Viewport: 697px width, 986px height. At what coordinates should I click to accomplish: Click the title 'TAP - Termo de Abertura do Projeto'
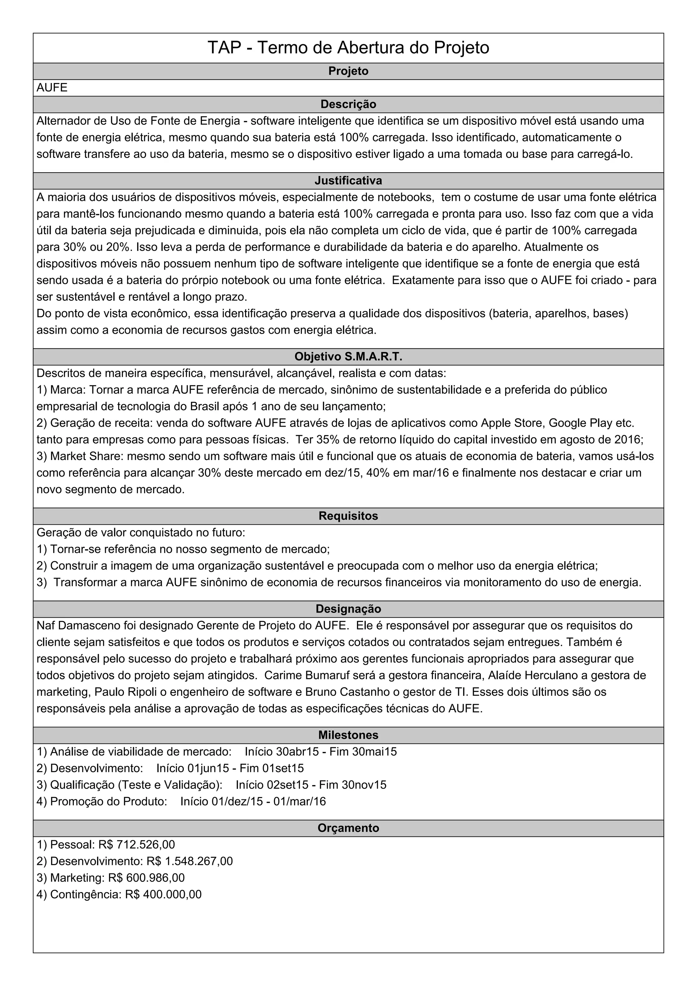[x=348, y=48]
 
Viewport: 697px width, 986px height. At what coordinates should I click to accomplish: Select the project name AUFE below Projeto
[x=52, y=88]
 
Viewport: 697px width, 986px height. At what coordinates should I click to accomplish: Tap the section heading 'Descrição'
[x=348, y=105]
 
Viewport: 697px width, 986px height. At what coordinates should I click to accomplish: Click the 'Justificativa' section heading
[x=348, y=181]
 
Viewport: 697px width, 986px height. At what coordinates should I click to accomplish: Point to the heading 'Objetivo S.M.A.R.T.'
[x=348, y=357]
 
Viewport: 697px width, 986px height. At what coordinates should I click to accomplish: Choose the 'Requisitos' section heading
[x=348, y=516]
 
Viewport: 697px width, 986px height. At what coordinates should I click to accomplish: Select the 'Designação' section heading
[x=348, y=609]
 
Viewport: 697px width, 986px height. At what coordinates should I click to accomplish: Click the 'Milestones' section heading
[x=348, y=735]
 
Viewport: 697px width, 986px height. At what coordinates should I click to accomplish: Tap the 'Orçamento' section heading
[x=348, y=828]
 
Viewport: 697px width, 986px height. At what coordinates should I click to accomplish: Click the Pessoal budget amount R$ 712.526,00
[x=136, y=845]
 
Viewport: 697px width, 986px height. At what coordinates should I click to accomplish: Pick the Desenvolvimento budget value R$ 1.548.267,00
[x=189, y=861]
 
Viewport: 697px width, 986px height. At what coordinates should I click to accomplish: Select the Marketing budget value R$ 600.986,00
[x=146, y=878]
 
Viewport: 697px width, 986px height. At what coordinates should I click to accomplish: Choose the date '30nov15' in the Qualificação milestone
[x=364, y=785]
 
